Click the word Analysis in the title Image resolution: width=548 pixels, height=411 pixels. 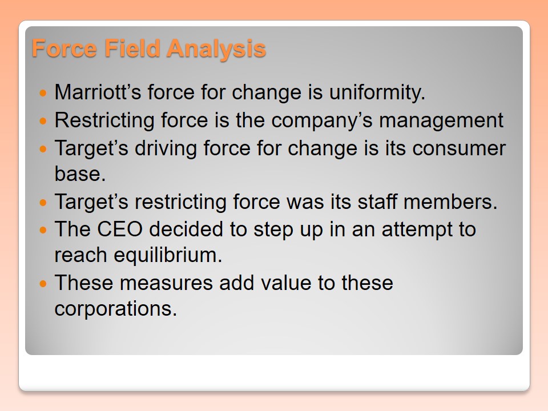click(x=216, y=49)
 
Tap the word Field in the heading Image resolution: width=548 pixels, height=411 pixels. click(x=132, y=48)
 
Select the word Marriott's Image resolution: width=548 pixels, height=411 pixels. click(x=98, y=92)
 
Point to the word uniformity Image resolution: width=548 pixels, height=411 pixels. click(x=377, y=92)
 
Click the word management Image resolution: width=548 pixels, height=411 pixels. click(x=441, y=121)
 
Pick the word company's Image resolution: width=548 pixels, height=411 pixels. click(x=322, y=121)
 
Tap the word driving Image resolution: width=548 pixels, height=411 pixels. click(x=166, y=148)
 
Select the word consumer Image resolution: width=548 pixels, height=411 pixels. click(x=458, y=148)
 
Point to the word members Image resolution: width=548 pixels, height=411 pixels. click(x=450, y=202)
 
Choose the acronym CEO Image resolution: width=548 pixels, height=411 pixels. click(x=120, y=229)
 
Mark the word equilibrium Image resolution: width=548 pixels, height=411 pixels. click(x=168, y=255)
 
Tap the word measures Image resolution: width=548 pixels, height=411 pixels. click(x=166, y=283)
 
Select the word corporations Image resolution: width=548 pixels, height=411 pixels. click(x=116, y=309)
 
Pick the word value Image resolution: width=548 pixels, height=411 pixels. click(x=286, y=283)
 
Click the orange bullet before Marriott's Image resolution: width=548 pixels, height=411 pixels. click(x=43, y=93)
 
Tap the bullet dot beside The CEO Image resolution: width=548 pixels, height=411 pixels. click(x=43, y=230)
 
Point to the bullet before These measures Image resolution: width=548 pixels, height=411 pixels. click(x=43, y=284)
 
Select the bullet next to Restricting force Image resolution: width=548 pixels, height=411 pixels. click(x=43, y=121)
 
